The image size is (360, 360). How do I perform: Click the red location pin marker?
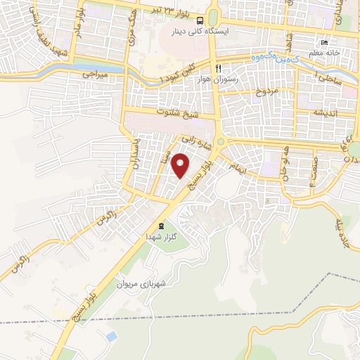click(181, 166)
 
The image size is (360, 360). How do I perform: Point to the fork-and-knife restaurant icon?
click(219, 68)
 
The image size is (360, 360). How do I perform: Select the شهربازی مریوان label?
click(162, 284)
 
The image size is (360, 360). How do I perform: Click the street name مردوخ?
click(267, 91)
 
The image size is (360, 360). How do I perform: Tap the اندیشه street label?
click(326, 113)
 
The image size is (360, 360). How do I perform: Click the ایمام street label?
click(238, 167)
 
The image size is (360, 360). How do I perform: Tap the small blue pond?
click(110, 337)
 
